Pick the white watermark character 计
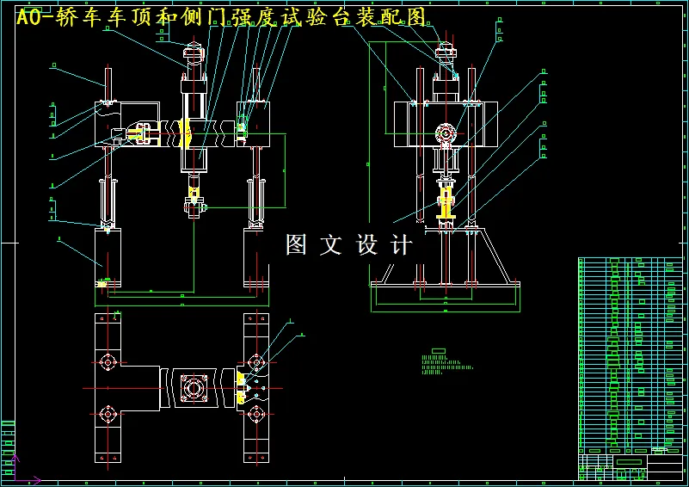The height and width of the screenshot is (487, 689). coord(402,245)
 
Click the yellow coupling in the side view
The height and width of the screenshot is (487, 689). coord(446,204)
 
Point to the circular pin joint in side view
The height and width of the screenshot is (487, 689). coord(446,133)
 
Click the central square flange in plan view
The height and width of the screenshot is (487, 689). coord(193,389)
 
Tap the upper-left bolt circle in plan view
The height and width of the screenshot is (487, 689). coord(108,362)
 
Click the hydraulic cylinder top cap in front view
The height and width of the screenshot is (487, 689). coord(192,60)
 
